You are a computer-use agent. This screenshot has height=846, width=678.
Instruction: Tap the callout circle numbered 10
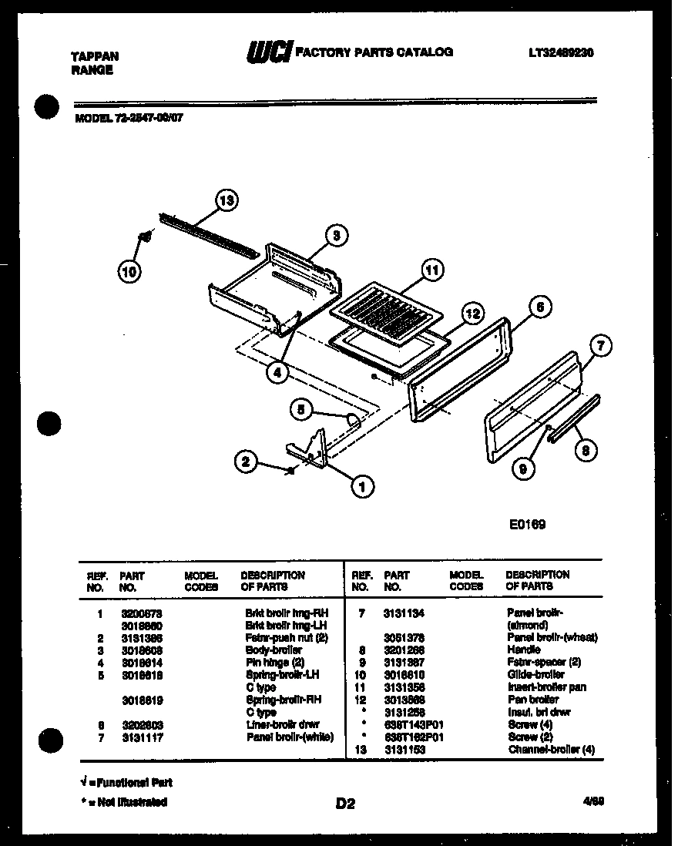[130, 270]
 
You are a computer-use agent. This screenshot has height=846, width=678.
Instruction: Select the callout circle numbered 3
[336, 237]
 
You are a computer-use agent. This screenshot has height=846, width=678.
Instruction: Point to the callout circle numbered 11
[432, 270]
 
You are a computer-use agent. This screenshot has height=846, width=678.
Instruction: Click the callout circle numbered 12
[472, 313]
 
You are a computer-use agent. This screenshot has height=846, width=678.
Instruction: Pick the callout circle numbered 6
[539, 307]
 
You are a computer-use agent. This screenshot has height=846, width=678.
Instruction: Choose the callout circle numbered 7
[601, 346]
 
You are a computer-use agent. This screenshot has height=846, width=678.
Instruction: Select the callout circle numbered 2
[246, 462]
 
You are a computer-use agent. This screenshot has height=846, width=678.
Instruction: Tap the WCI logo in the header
[268, 52]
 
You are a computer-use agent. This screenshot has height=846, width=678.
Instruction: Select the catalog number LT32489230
[561, 52]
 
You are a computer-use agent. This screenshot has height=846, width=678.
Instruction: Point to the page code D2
[344, 804]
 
